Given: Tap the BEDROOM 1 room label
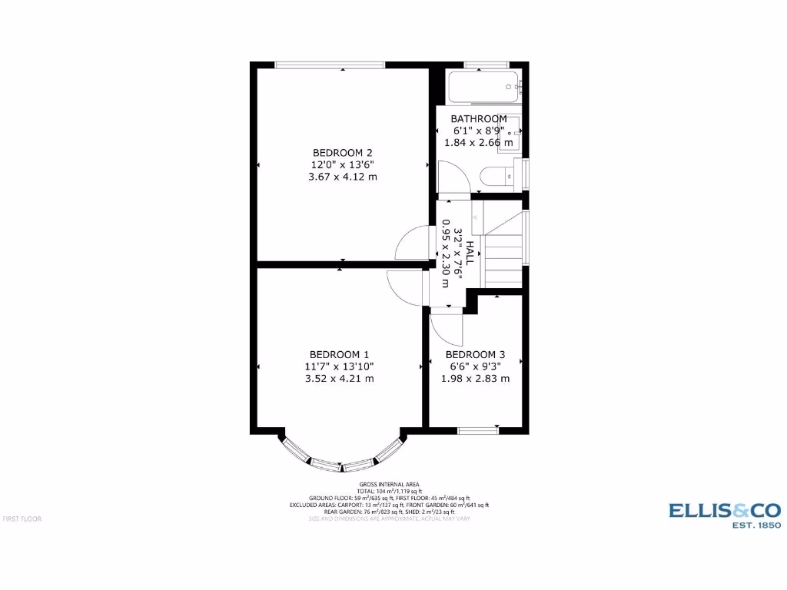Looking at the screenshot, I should [x=339, y=354].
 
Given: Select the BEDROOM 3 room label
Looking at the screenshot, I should [x=475, y=354].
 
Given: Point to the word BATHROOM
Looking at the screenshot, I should [x=479, y=119].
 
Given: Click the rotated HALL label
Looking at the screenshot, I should [x=470, y=252].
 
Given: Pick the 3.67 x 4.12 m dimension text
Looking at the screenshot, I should [x=343, y=177].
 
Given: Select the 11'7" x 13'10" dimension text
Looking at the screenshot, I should [x=339, y=366].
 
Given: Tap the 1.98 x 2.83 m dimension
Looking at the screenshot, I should [x=475, y=379].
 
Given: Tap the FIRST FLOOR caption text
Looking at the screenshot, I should [x=22, y=519].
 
